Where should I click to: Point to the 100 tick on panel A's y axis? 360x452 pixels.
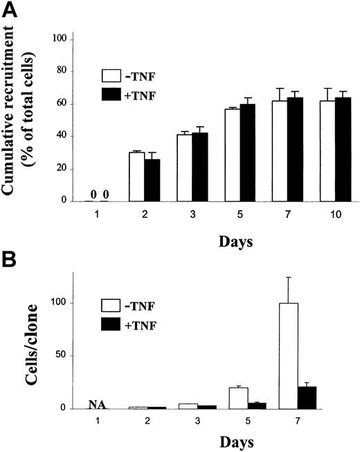click(x=64, y=39)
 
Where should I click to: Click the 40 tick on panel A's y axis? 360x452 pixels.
click(x=66, y=136)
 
